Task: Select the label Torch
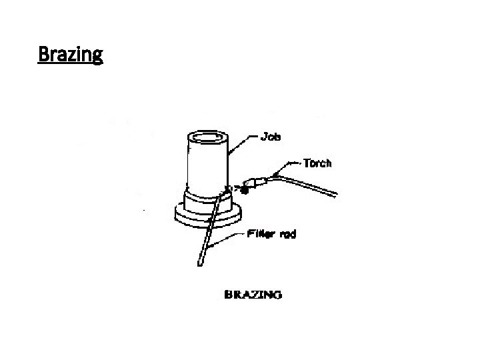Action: [x=317, y=162]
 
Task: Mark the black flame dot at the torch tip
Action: [x=245, y=190]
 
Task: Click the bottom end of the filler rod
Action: [x=199, y=265]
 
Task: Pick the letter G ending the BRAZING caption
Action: [x=277, y=294]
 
